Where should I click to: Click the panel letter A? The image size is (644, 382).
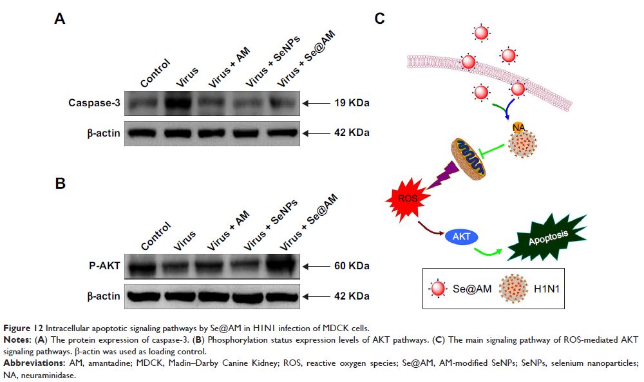[59, 19]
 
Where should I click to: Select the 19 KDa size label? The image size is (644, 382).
[352, 102]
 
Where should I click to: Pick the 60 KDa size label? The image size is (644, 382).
[352, 265]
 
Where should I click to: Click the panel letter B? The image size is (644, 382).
[60, 184]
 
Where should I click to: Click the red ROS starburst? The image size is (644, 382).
[408, 199]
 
